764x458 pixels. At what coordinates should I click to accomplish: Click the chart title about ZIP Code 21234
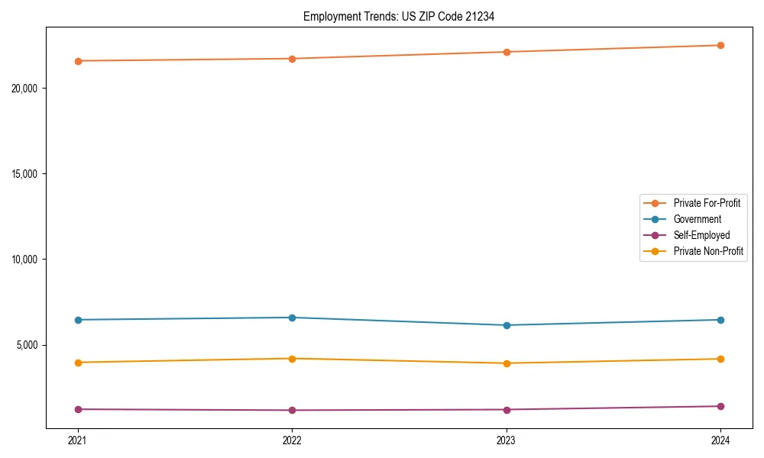click(x=399, y=16)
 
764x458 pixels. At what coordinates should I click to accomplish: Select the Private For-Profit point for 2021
click(x=78, y=61)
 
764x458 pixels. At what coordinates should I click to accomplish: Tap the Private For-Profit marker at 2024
click(x=720, y=45)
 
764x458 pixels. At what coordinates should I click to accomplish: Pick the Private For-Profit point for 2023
click(x=507, y=52)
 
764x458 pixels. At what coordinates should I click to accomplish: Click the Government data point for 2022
click(x=292, y=318)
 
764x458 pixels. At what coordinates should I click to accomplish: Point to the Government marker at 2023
click(x=507, y=325)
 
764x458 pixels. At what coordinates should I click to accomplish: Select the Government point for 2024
click(x=720, y=320)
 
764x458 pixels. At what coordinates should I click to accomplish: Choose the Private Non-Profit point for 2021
click(x=78, y=363)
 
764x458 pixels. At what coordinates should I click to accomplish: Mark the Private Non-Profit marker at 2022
click(x=292, y=359)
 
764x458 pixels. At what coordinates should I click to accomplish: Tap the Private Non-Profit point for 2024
click(x=720, y=359)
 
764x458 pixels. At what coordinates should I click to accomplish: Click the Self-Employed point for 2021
click(x=78, y=409)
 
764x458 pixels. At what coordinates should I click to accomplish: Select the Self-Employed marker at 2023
click(x=507, y=410)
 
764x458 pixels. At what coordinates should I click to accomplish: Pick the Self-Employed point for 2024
click(x=720, y=406)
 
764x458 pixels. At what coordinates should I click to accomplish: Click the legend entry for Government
click(x=697, y=219)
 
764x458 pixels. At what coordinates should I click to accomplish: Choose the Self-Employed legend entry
click(x=701, y=235)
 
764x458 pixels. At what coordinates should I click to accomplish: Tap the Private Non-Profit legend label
click(x=708, y=251)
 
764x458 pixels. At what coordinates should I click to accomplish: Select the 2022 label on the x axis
click(x=292, y=440)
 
